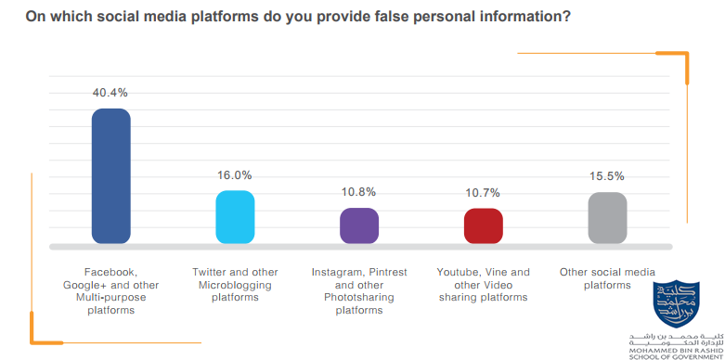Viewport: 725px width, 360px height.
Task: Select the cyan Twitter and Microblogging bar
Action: [x=235, y=217]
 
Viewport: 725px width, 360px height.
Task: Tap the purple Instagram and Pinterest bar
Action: [x=359, y=225]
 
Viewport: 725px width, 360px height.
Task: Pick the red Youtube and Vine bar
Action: [x=483, y=226]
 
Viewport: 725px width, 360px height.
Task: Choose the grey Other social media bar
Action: [x=607, y=218]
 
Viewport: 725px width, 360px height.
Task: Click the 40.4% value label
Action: [x=110, y=93]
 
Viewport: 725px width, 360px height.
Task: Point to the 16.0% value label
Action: [x=235, y=175]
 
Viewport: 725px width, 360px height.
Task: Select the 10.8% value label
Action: [x=359, y=192]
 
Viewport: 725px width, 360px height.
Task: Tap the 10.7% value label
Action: [x=483, y=193]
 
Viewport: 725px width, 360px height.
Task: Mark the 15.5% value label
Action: [x=607, y=175]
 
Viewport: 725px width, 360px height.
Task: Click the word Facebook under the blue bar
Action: [x=110, y=272]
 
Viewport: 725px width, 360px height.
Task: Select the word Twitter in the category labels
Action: [x=211, y=272]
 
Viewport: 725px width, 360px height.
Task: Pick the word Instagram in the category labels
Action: [x=339, y=272]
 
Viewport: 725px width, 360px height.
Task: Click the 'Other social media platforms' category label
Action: [x=607, y=278]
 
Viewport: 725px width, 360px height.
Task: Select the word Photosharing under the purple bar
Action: [x=359, y=298]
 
